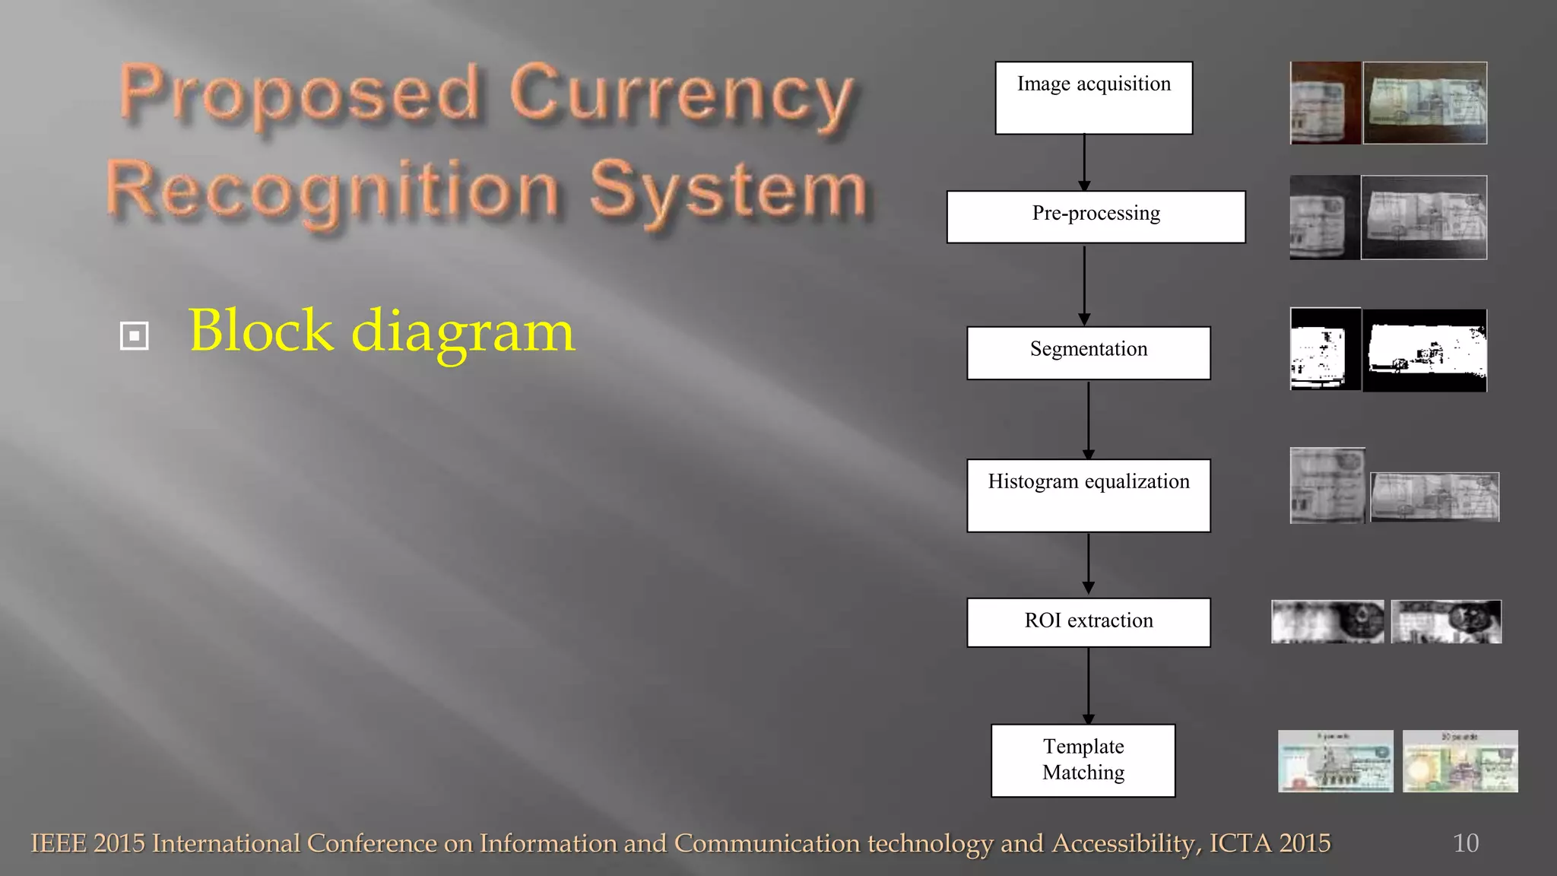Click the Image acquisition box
1093,98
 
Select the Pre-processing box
1096,217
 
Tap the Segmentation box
1088,353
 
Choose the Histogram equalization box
1088,495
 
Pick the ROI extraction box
1088,622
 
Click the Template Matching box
1083,760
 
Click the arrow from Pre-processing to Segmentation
1084,284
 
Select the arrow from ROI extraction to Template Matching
1088,685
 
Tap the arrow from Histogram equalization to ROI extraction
1088,563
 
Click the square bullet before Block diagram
135,335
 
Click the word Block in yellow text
261,331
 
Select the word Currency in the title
681,97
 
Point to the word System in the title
728,192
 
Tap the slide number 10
1465,843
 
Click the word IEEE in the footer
59,843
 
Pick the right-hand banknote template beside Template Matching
1460,761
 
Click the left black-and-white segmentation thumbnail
1325,349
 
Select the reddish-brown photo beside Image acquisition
1325,103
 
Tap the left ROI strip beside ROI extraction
1327,621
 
